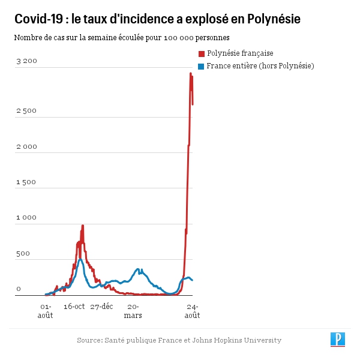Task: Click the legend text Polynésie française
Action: pos(240,53)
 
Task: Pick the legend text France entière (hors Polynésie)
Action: pos(260,66)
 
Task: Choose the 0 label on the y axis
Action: pos(19,289)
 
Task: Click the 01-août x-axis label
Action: pos(46,310)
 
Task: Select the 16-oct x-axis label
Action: pos(74,306)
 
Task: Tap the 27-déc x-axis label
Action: pos(102,306)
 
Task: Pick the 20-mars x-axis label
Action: pos(133,310)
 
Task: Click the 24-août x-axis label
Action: pos(192,310)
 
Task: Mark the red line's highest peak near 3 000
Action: pos(191,74)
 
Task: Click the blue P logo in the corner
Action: pos(338,339)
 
